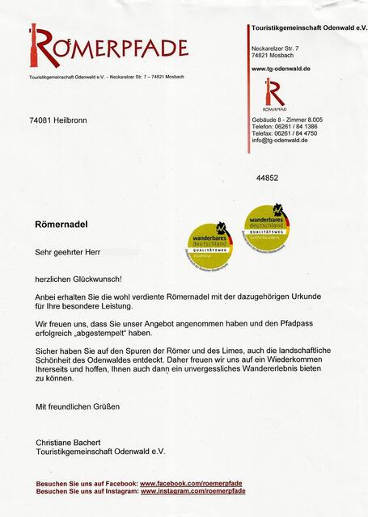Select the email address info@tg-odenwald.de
280,141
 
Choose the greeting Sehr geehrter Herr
68,252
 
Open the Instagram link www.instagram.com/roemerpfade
192,490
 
